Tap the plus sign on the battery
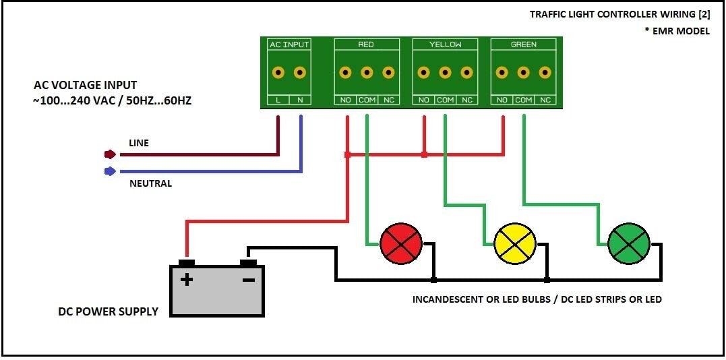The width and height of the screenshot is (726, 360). tap(187, 278)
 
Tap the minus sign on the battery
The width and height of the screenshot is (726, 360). tap(249, 278)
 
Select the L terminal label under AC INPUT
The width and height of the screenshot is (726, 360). tap(278, 100)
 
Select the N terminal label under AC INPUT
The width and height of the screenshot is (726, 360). tap(300, 100)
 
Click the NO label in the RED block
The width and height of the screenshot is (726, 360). tap(345, 100)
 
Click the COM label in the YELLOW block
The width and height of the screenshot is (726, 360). tap(445, 100)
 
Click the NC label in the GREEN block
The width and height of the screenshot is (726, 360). tap(545, 100)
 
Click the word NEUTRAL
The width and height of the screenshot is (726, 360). tap(150, 183)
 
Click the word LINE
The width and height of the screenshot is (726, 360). tap(139, 143)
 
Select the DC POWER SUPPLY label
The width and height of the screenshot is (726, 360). tap(108, 311)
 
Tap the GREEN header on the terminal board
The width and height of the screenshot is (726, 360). tap(524, 44)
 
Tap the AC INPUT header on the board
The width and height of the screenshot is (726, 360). tap(289, 44)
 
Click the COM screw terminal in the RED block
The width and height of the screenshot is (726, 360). tap(367, 72)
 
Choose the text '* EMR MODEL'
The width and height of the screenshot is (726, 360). tap(677, 31)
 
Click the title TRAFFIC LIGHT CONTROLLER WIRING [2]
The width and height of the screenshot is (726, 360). tap(619, 13)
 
